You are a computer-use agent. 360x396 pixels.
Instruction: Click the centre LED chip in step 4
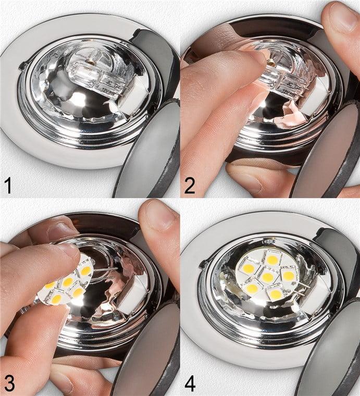268,277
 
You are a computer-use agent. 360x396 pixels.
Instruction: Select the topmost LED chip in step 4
272,259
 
